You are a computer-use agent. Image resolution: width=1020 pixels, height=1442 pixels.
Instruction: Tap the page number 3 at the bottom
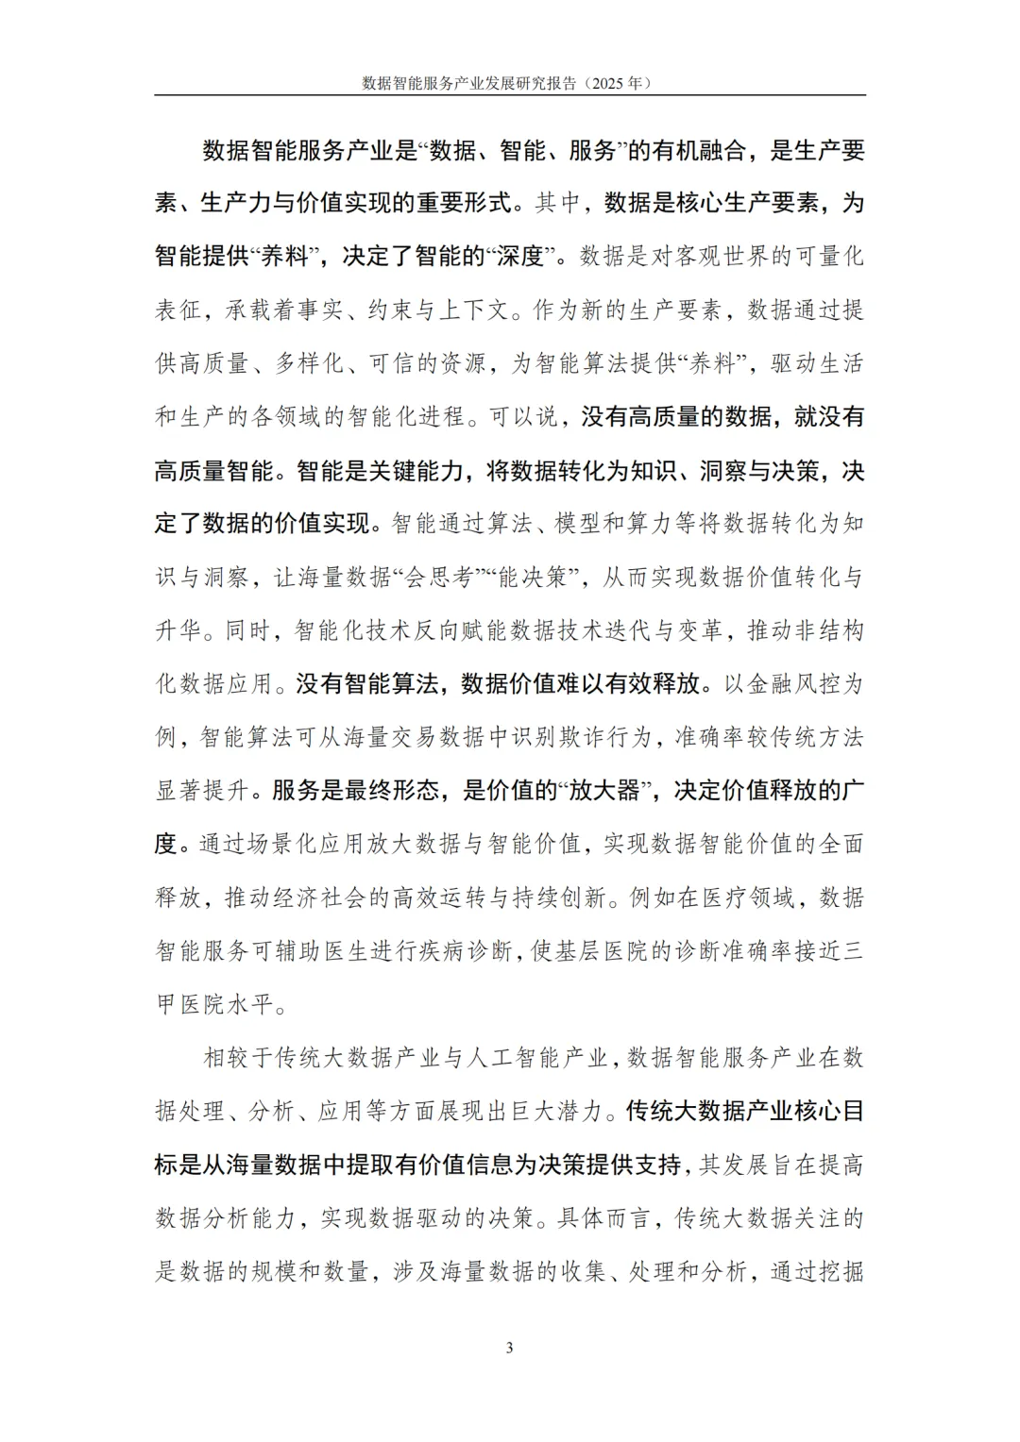[510, 1348]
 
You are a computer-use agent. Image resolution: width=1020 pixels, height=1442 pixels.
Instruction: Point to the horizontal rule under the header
[510, 95]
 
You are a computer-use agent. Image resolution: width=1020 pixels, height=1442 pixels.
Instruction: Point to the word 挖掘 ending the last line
[841, 1272]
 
